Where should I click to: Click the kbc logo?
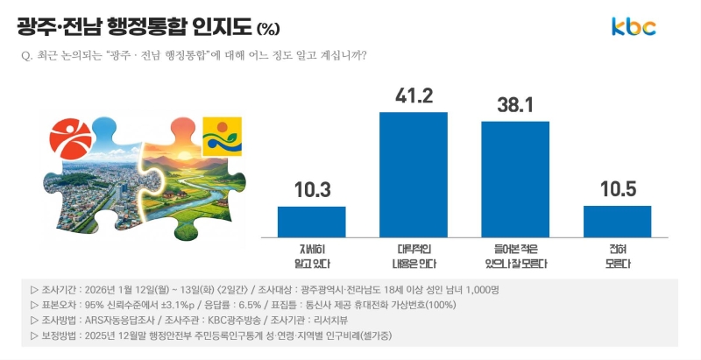[x=634, y=27]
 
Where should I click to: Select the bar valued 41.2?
[x=413, y=174]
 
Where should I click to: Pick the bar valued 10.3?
[x=311, y=222]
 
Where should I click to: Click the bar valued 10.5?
[x=617, y=221]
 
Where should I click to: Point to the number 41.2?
[x=413, y=96]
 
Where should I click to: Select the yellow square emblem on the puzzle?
[x=222, y=137]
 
